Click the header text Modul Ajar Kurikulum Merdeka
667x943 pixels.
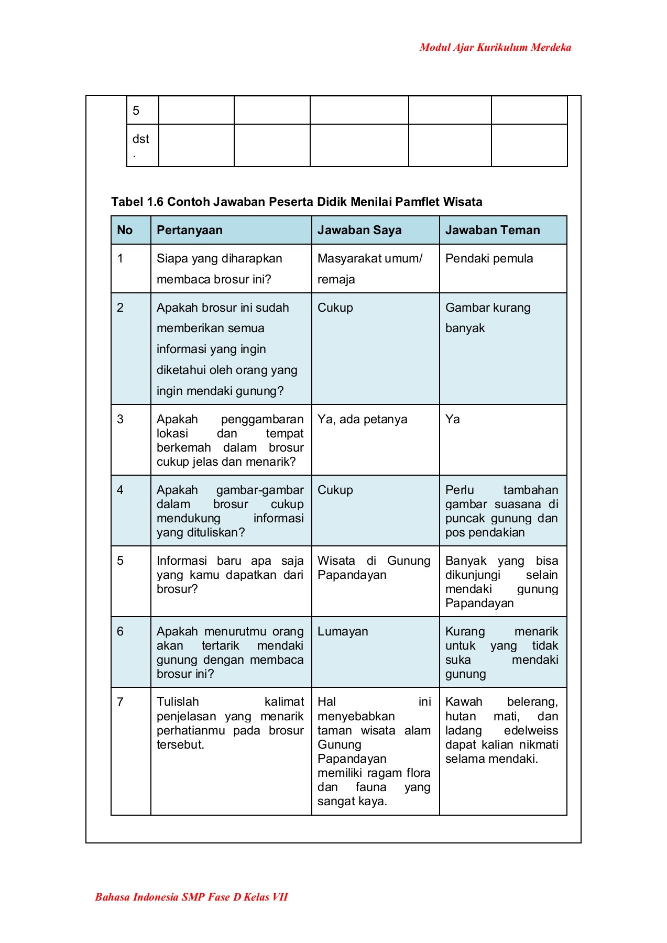point(495,48)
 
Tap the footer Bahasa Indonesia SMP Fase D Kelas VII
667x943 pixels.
point(191,897)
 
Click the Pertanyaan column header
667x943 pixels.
point(190,230)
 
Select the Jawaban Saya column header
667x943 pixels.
point(359,230)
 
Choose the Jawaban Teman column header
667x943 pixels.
point(493,230)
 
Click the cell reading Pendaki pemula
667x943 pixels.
point(489,258)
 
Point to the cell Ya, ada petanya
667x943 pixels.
point(362,419)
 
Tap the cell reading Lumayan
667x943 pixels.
point(343,631)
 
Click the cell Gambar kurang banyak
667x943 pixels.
point(487,317)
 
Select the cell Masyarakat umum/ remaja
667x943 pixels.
point(369,268)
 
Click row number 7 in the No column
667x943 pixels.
point(121,702)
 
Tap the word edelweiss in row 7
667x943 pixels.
point(530,730)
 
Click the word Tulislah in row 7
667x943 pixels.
point(178,702)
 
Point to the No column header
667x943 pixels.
point(125,230)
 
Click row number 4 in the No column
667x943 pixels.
point(121,490)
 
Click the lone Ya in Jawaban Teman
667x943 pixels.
point(452,419)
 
